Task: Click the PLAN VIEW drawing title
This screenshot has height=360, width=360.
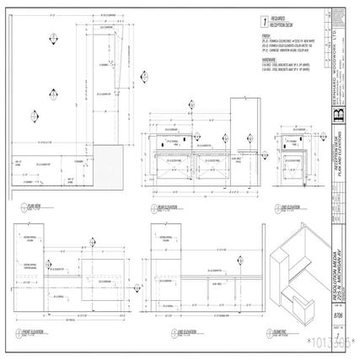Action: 34,206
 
